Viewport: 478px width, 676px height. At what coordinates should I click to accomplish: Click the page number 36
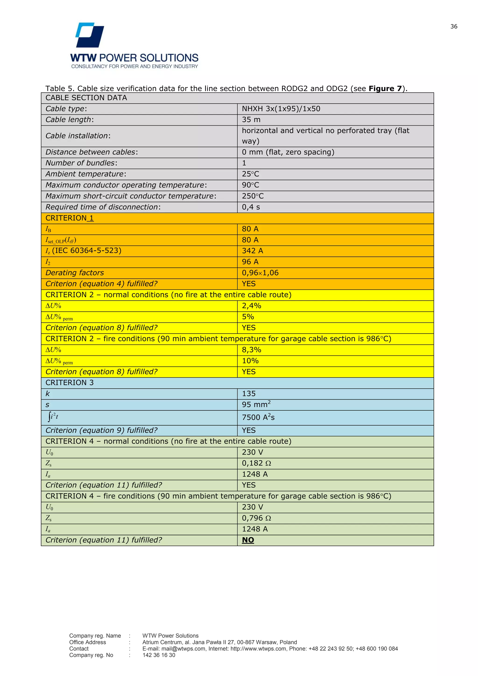click(x=453, y=27)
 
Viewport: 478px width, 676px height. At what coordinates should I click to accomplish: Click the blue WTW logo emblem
click(x=90, y=35)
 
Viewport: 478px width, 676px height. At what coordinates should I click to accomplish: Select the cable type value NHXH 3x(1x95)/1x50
click(x=281, y=109)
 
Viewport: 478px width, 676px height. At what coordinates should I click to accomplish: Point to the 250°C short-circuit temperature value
click(x=253, y=196)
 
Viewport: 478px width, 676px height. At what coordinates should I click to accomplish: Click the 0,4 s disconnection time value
click(x=251, y=207)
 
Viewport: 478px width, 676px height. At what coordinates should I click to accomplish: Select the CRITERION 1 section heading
click(x=70, y=218)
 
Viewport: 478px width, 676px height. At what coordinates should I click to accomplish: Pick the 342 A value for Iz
click(x=252, y=251)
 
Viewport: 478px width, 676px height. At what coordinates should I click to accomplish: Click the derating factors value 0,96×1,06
click(x=260, y=273)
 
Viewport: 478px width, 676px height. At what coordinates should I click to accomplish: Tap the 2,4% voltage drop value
click(x=251, y=306)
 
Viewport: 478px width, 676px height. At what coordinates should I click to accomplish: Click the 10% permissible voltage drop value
click(x=250, y=361)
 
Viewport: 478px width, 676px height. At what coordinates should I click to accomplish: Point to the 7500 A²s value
click(x=258, y=418)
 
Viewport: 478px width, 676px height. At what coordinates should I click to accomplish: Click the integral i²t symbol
click(x=53, y=417)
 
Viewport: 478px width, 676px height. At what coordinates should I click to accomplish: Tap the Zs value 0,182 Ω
click(x=256, y=463)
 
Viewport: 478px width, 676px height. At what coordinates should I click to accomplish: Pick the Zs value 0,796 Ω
click(x=256, y=518)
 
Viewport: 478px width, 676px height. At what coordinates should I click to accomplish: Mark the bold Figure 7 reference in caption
click(x=385, y=89)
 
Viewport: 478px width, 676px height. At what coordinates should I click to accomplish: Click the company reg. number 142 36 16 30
click(x=159, y=655)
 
